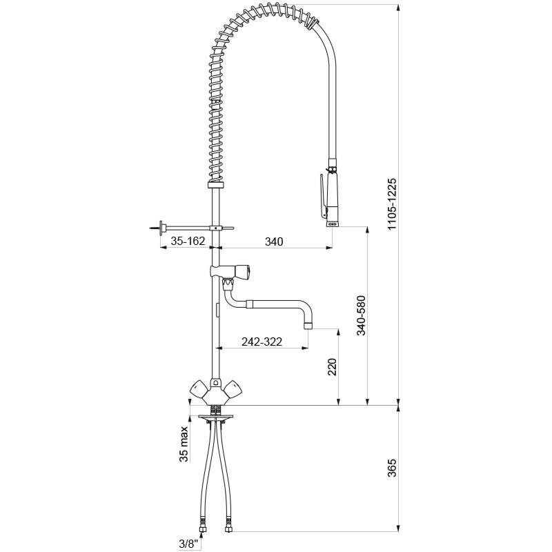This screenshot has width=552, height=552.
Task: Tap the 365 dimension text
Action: click(x=392, y=470)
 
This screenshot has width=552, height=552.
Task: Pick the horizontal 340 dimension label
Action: click(x=275, y=241)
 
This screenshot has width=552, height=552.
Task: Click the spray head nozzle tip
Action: click(x=331, y=223)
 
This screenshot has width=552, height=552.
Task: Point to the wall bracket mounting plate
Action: click(x=161, y=227)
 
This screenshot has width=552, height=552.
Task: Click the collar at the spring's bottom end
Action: click(x=215, y=187)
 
